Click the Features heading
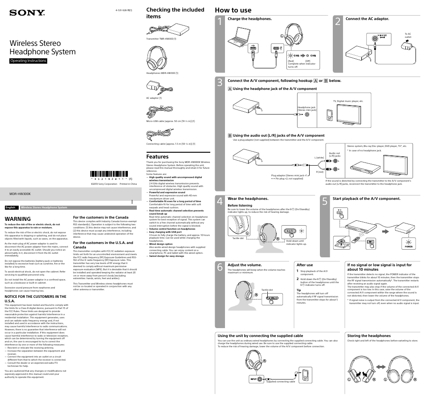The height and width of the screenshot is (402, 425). coord(157,157)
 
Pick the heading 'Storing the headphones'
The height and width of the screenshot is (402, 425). coord(369,336)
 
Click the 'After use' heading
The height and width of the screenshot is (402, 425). coord(305,265)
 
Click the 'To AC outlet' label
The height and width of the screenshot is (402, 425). coord(408,35)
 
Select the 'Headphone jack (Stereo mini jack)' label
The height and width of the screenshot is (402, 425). coord(306,108)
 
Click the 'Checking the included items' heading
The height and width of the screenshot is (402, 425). coord(175,12)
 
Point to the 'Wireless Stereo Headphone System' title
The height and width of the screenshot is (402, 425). coord(43,48)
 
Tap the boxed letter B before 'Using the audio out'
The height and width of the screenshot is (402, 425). coord(230,135)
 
